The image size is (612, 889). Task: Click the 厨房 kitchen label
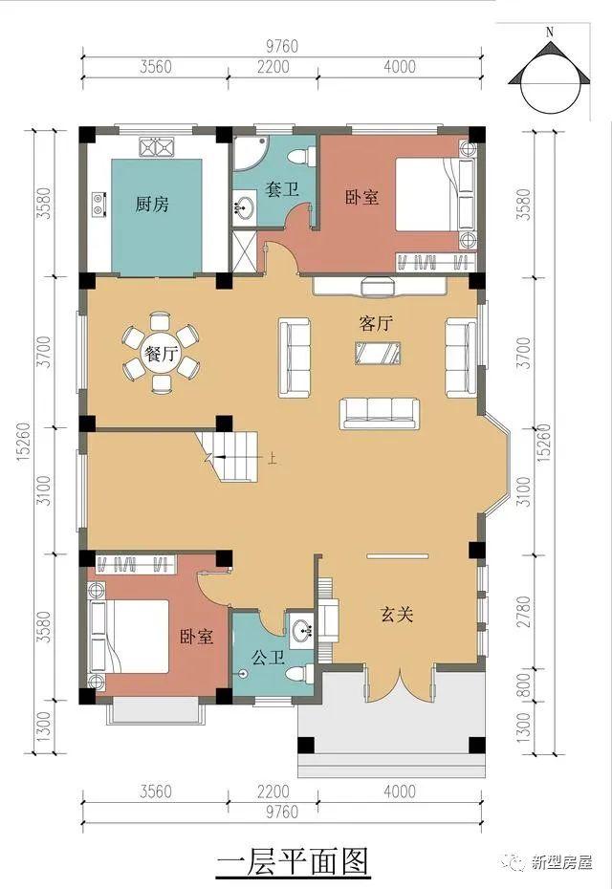(152, 204)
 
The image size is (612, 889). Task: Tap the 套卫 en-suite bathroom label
(282, 189)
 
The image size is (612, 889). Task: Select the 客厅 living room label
(376, 324)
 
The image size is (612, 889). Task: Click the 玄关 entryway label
(397, 614)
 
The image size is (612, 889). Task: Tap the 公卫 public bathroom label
(268, 658)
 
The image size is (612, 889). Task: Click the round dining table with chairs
(161, 353)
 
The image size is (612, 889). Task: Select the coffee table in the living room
(378, 353)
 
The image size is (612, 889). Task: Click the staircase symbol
(228, 456)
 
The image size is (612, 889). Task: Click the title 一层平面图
(294, 860)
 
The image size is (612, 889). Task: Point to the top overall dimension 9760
(282, 46)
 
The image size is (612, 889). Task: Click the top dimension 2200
(273, 67)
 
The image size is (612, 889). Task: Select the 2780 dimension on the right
(525, 611)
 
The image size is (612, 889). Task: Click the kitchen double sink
(156, 147)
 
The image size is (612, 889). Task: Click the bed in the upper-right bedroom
(434, 194)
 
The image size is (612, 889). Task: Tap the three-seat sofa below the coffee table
(380, 414)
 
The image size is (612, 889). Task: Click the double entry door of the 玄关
(400, 684)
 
